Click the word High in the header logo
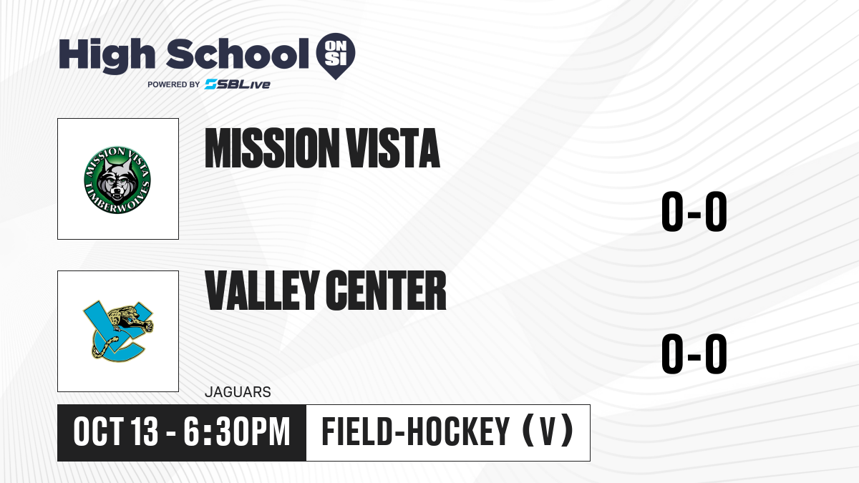click(x=107, y=56)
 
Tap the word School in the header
click(x=238, y=54)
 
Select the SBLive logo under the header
click(x=238, y=84)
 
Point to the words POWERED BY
click(x=174, y=84)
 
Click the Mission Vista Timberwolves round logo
click(x=117, y=180)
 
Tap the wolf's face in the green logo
click(x=117, y=180)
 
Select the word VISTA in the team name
click(x=393, y=148)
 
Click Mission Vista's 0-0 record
click(x=694, y=212)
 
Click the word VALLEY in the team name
click(x=262, y=291)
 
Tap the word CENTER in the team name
click(x=386, y=291)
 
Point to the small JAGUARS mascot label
click(x=238, y=392)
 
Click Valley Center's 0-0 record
click(x=694, y=353)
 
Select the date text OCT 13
click(x=116, y=432)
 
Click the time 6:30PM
click(x=237, y=432)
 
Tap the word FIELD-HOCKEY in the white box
click(x=416, y=432)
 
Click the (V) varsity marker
click(x=548, y=431)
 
